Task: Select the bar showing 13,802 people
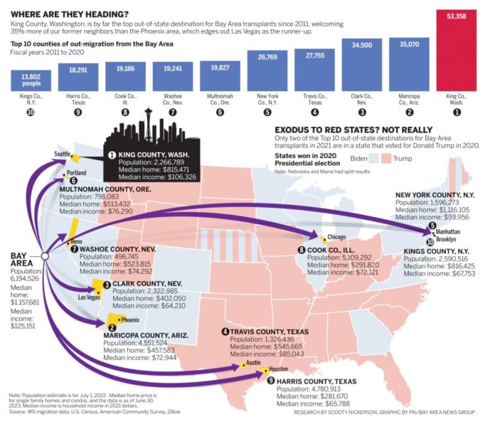30,78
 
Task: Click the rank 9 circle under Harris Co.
77,112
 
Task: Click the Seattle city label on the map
63,154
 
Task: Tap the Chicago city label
337,237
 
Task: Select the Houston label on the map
278,369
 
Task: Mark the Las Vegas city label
90,296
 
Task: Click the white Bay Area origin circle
45,257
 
